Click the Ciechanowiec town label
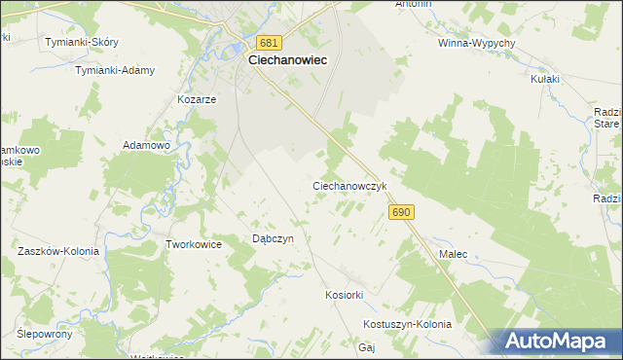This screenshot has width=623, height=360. pyautogui.click(x=287, y=59)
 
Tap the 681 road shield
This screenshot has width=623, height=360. pyautogui.click(x=271, y=43)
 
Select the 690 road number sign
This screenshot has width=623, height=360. pyautogui.click(x=402, y=211)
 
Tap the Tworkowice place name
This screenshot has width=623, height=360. pyautogui.click(x=195, y=244)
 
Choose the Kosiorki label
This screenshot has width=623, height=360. pyautogui.click(x=344, y=294)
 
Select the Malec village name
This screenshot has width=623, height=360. pyautogui.click(x=453, y=254)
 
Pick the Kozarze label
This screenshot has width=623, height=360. pyautogui.click(x=196, y=99)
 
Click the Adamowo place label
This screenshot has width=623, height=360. pyautogui.click(x=146, y=144)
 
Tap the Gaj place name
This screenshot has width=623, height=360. pyautogui.click(x=367, y=346)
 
